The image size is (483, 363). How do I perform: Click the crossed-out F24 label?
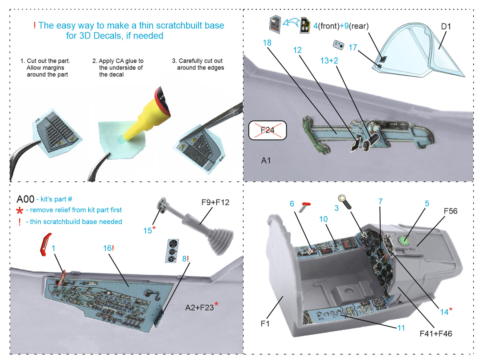pos(267,130)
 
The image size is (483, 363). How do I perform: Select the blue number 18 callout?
pos(267,43)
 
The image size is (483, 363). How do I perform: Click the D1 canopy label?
pos(446,27)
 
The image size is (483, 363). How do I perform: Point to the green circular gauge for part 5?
pos(404,241)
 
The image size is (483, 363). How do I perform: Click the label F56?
pos(450,211)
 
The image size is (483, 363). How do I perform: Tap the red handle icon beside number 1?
pos(46,244)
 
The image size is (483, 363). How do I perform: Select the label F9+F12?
pos(215,202)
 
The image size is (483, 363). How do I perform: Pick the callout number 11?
pos(401,328)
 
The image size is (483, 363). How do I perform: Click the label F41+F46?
pos(436,334)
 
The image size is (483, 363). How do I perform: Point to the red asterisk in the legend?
pos(20,211)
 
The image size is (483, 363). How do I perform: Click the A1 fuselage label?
pos(266,161)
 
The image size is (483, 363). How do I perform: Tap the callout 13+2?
pos(329,61)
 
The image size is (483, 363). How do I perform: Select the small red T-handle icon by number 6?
pos(305,206)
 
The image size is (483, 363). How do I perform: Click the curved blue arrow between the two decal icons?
pos(290,23)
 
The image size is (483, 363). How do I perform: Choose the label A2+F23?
pos(200,308)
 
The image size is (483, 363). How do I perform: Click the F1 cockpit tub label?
pos(265,324)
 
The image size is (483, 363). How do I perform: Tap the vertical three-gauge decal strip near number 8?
pos(172,251)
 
